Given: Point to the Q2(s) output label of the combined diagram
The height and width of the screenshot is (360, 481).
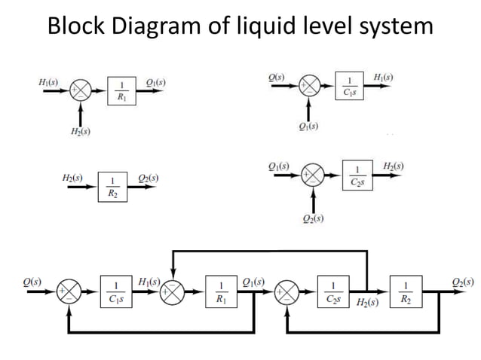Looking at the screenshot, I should (x=462, y=282).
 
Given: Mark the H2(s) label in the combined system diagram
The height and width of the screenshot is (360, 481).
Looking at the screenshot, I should (x=368, y=303).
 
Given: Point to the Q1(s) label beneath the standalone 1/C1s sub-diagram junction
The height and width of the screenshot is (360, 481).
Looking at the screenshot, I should (x=307, y=125).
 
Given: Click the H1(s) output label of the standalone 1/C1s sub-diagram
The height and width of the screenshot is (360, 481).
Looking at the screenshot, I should (x=382, y=77).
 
